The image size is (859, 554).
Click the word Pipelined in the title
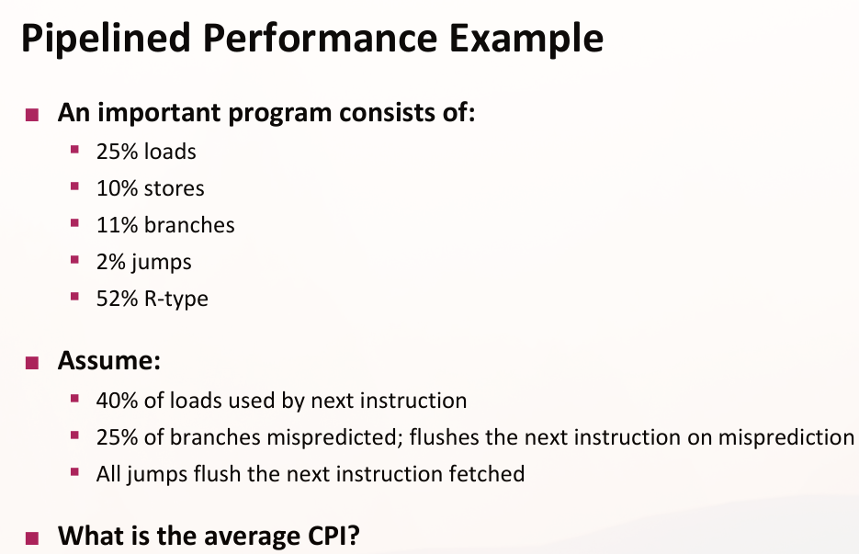pos(106,40)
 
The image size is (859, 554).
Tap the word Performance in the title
pos(320,38)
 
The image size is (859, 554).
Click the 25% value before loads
pos(117,152)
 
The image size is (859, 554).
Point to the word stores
pos(174,188)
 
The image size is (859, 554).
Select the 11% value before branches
pos(117,225)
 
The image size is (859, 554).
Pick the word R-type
pos(175,300)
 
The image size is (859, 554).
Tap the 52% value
pos(117,299)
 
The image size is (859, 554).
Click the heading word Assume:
pos(109,360)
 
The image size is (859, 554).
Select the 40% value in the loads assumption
pos(117,401)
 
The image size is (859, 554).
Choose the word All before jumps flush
pos(108,474)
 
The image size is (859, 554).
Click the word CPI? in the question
pos(333,536)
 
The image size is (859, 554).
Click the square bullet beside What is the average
pos(32,538)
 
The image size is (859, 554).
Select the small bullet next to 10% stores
pos(75,187)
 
